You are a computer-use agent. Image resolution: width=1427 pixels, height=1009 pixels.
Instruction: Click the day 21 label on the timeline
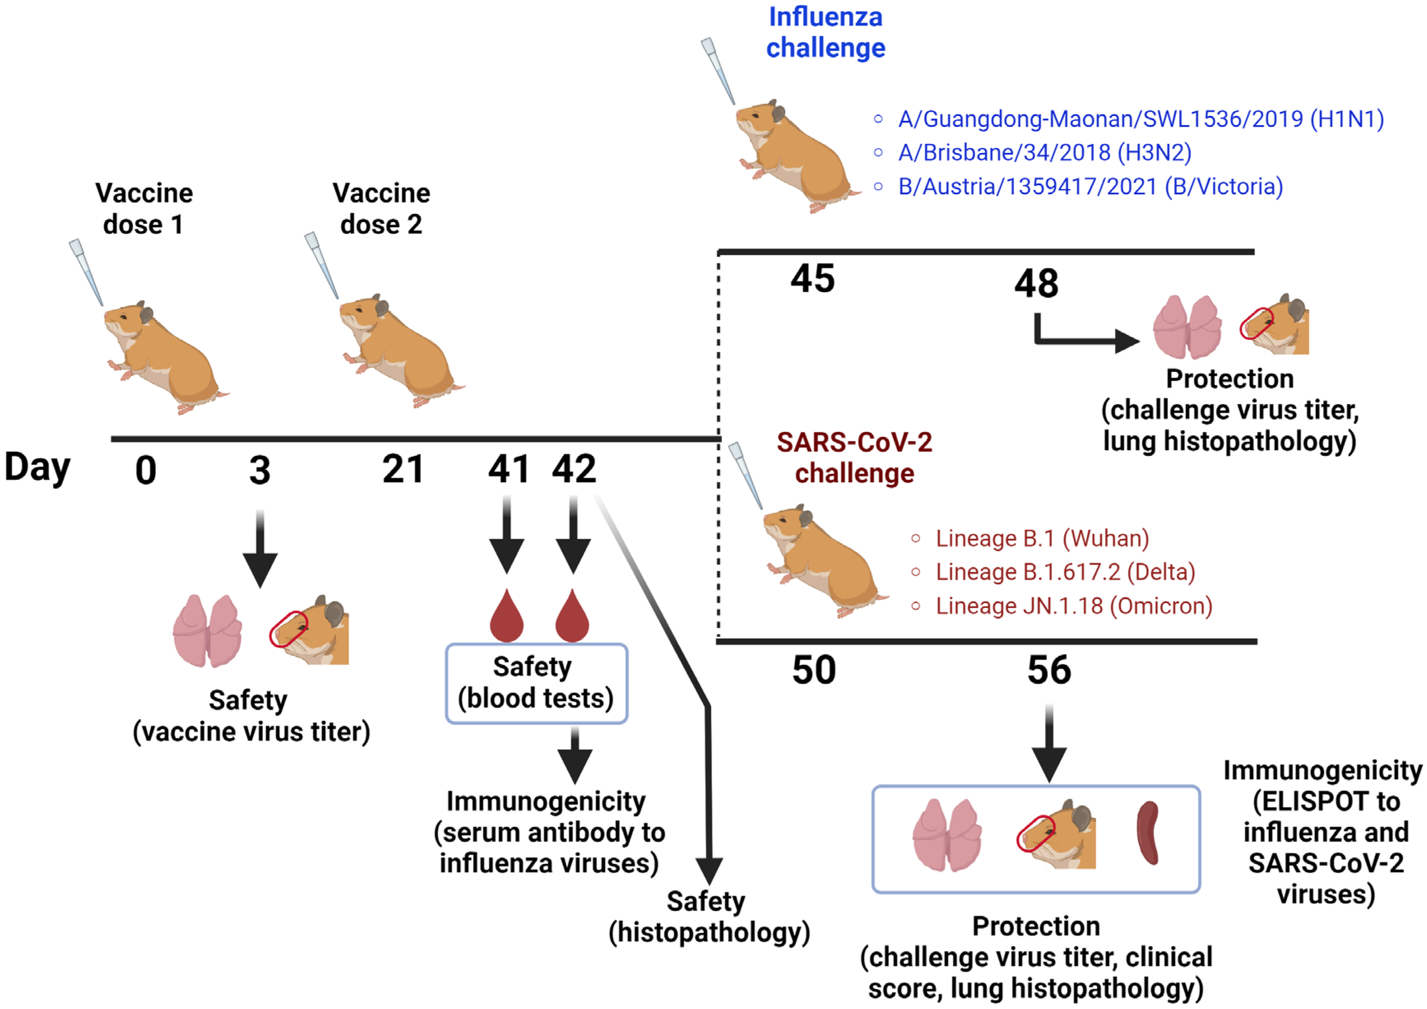click(403, 470)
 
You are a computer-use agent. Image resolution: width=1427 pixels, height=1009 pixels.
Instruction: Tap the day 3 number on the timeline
click(260, 471)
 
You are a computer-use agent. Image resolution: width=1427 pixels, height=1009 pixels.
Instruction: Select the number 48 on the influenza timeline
click(1036, 284)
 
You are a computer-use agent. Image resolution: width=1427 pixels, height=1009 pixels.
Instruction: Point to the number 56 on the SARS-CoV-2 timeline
click(1049, 670)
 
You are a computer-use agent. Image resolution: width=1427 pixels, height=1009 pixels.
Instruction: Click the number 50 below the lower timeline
click(814, 670)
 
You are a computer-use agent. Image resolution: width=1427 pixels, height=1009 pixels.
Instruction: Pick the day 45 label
click(812, 279)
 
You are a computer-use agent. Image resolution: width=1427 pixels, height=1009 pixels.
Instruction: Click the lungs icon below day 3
click(207, 631)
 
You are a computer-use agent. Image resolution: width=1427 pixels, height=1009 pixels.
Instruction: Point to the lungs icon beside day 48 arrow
click(1187, 327)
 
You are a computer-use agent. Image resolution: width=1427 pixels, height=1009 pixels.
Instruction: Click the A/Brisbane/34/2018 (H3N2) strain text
click(1044, 152)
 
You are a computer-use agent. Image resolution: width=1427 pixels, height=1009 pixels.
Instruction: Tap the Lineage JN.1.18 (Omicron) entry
click(1073, 606)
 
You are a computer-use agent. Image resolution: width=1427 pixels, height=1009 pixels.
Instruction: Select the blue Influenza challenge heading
click(825, 33)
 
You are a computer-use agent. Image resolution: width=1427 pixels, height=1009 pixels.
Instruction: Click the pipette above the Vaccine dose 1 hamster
click(86, 272)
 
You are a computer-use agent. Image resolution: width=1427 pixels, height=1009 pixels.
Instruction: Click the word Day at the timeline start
click(37, 467)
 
